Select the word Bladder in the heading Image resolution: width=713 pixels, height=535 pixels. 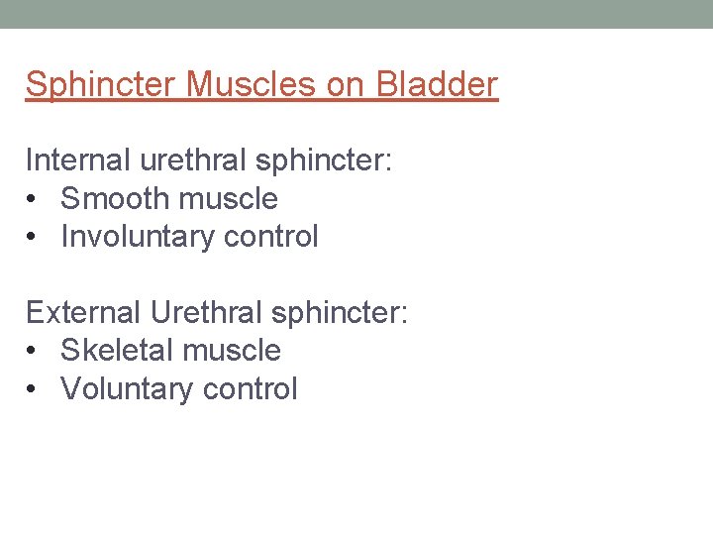(x=436, y=85)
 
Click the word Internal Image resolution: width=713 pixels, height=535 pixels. (x=77, y=160)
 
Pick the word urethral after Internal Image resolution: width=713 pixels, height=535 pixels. (x=191, y=160)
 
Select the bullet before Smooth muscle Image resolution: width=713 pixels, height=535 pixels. (x=33, y=199)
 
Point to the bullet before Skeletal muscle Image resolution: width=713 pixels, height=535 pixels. (x=33, y=351)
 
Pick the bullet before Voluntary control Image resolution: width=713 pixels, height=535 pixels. (x=33, y=389)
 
